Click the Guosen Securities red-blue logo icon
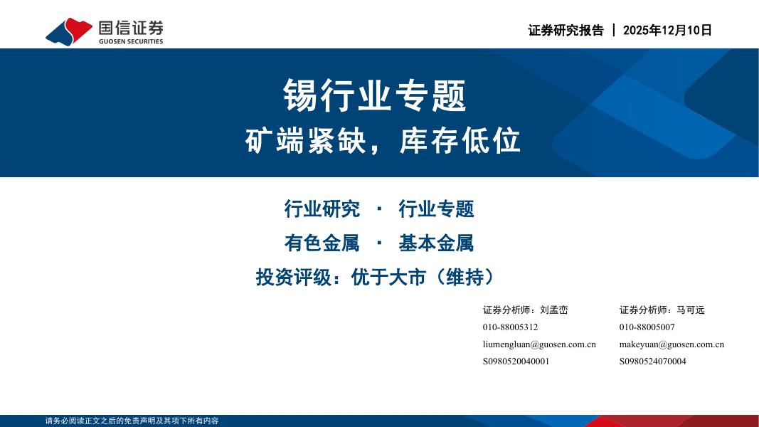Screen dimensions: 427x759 point(69,31)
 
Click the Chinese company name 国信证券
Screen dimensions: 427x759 point(131,27)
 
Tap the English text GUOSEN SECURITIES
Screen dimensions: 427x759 point(131,41)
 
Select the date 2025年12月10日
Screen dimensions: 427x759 point(667,30)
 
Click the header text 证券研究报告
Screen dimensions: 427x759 point(566,30)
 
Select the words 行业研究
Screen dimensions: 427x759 point(322,209)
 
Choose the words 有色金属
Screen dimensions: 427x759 point(322,243)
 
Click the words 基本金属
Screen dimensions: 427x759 point(436,243)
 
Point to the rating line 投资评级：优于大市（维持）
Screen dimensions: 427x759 point(375,277)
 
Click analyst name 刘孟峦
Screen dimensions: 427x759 point(554,310)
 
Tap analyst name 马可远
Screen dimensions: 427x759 point(691,310)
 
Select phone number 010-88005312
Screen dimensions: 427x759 point(510,327)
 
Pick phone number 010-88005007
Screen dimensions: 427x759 point(647,327)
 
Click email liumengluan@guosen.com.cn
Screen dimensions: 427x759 point(539,344)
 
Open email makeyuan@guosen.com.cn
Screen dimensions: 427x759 point(672,344)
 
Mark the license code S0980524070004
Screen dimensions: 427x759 point(652,362)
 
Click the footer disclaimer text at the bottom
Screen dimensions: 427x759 point(132,421)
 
